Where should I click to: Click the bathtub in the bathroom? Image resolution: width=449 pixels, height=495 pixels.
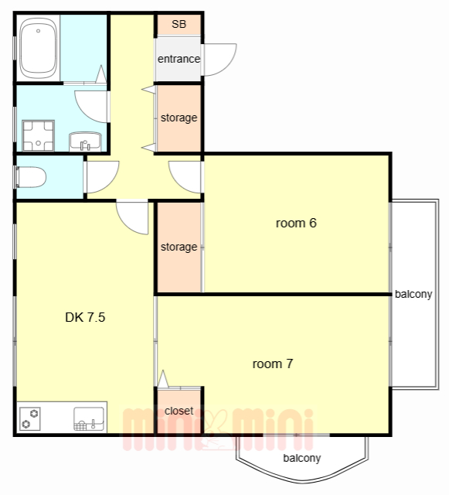tap(38, 48)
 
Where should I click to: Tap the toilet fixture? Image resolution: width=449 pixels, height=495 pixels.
tap(30, 177)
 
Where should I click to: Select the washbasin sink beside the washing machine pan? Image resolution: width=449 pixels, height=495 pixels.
tap(85, 142)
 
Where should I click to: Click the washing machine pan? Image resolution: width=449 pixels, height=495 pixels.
tap(38, 135)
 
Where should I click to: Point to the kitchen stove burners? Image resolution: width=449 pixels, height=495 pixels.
tap(30, 418)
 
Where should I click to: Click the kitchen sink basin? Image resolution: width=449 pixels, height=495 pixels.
tap(89, 419)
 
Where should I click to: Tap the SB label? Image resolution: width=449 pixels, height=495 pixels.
tap(179, 24)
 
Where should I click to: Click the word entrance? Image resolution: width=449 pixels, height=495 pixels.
tap(179, 59)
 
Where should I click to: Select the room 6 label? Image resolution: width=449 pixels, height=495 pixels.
tap(296, 224)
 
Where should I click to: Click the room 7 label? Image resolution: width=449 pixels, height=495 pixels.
tap(273, 364)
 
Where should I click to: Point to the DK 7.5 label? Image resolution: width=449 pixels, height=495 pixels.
tap(85, 317)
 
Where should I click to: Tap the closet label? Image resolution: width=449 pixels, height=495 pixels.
tap(179, 411)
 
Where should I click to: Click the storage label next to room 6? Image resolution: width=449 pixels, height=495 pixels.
tap(179, 247)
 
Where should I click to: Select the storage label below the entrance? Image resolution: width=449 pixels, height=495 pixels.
tap(179, 118)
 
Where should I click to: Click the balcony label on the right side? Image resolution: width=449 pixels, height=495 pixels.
tap(413, 294)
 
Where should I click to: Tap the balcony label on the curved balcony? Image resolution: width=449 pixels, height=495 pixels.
tap(302, 458)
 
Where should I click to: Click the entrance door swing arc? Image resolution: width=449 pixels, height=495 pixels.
tap(228, 67)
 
